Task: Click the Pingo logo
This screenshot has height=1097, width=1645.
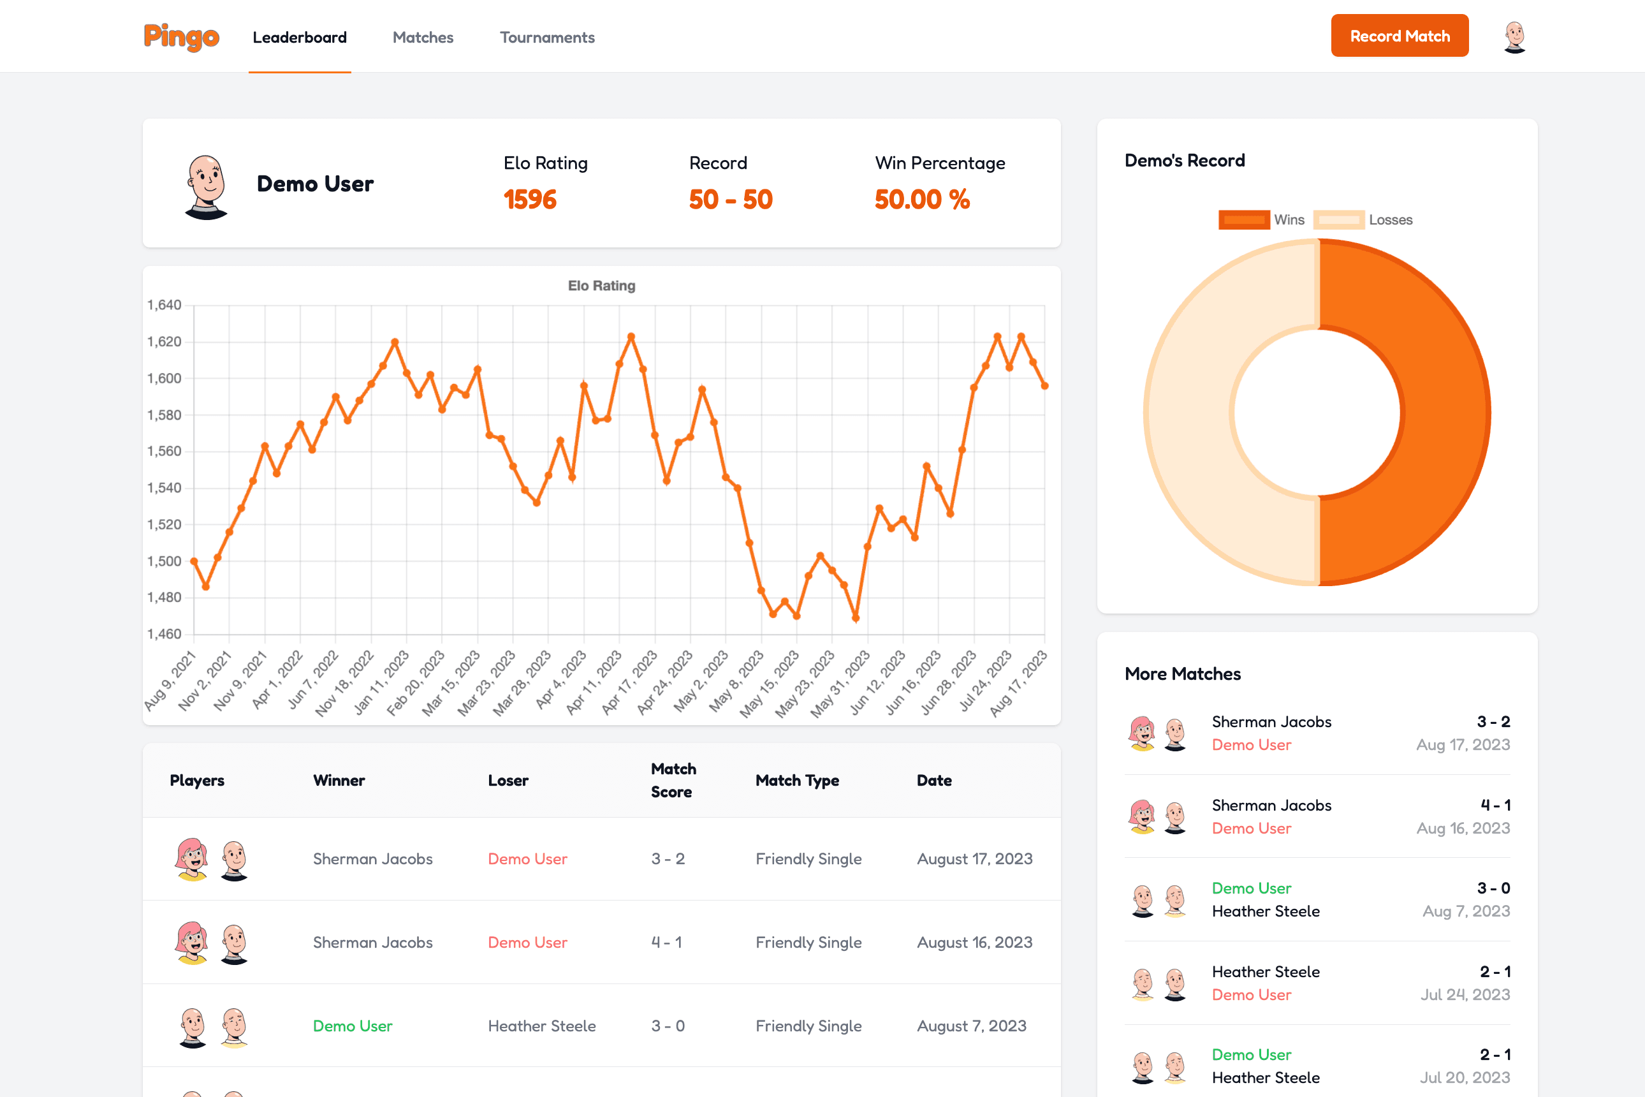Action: coord(181,37)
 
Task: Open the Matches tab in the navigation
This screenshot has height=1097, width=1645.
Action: coord(423,38)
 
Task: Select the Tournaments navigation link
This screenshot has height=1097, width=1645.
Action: coord(547,38)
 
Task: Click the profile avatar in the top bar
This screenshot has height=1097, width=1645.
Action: coord(1514,37)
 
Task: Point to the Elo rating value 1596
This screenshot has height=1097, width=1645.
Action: coord(529,200)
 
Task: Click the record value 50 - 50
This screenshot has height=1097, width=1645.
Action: coord(730,200)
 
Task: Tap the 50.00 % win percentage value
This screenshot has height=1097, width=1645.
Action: coord(922,200)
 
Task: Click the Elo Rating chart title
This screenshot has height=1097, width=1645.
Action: coord(601,286)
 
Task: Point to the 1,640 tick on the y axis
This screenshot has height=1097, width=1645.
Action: coord(164,305)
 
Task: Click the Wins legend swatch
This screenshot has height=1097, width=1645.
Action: coord(1243,219)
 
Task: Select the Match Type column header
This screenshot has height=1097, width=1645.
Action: coord(796,780)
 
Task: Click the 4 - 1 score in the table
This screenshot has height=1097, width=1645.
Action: coord(666,943)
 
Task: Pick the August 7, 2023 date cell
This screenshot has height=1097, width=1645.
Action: coord(972,1026)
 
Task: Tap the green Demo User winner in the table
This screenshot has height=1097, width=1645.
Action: coord(353,1026)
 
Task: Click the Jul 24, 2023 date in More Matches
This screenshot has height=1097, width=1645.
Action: coord(1465,994)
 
